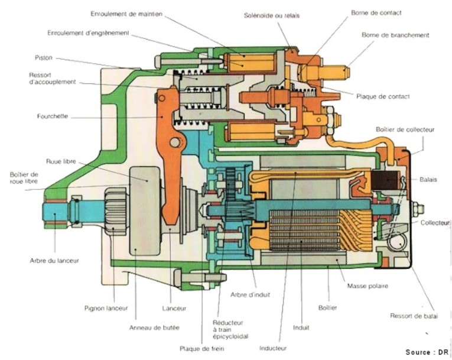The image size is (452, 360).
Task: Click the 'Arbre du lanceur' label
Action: click(54, 260)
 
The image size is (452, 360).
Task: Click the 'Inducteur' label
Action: click(273, 348)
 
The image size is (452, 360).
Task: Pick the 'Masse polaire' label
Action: click(368, 286)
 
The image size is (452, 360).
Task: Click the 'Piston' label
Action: click(43, 58)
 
